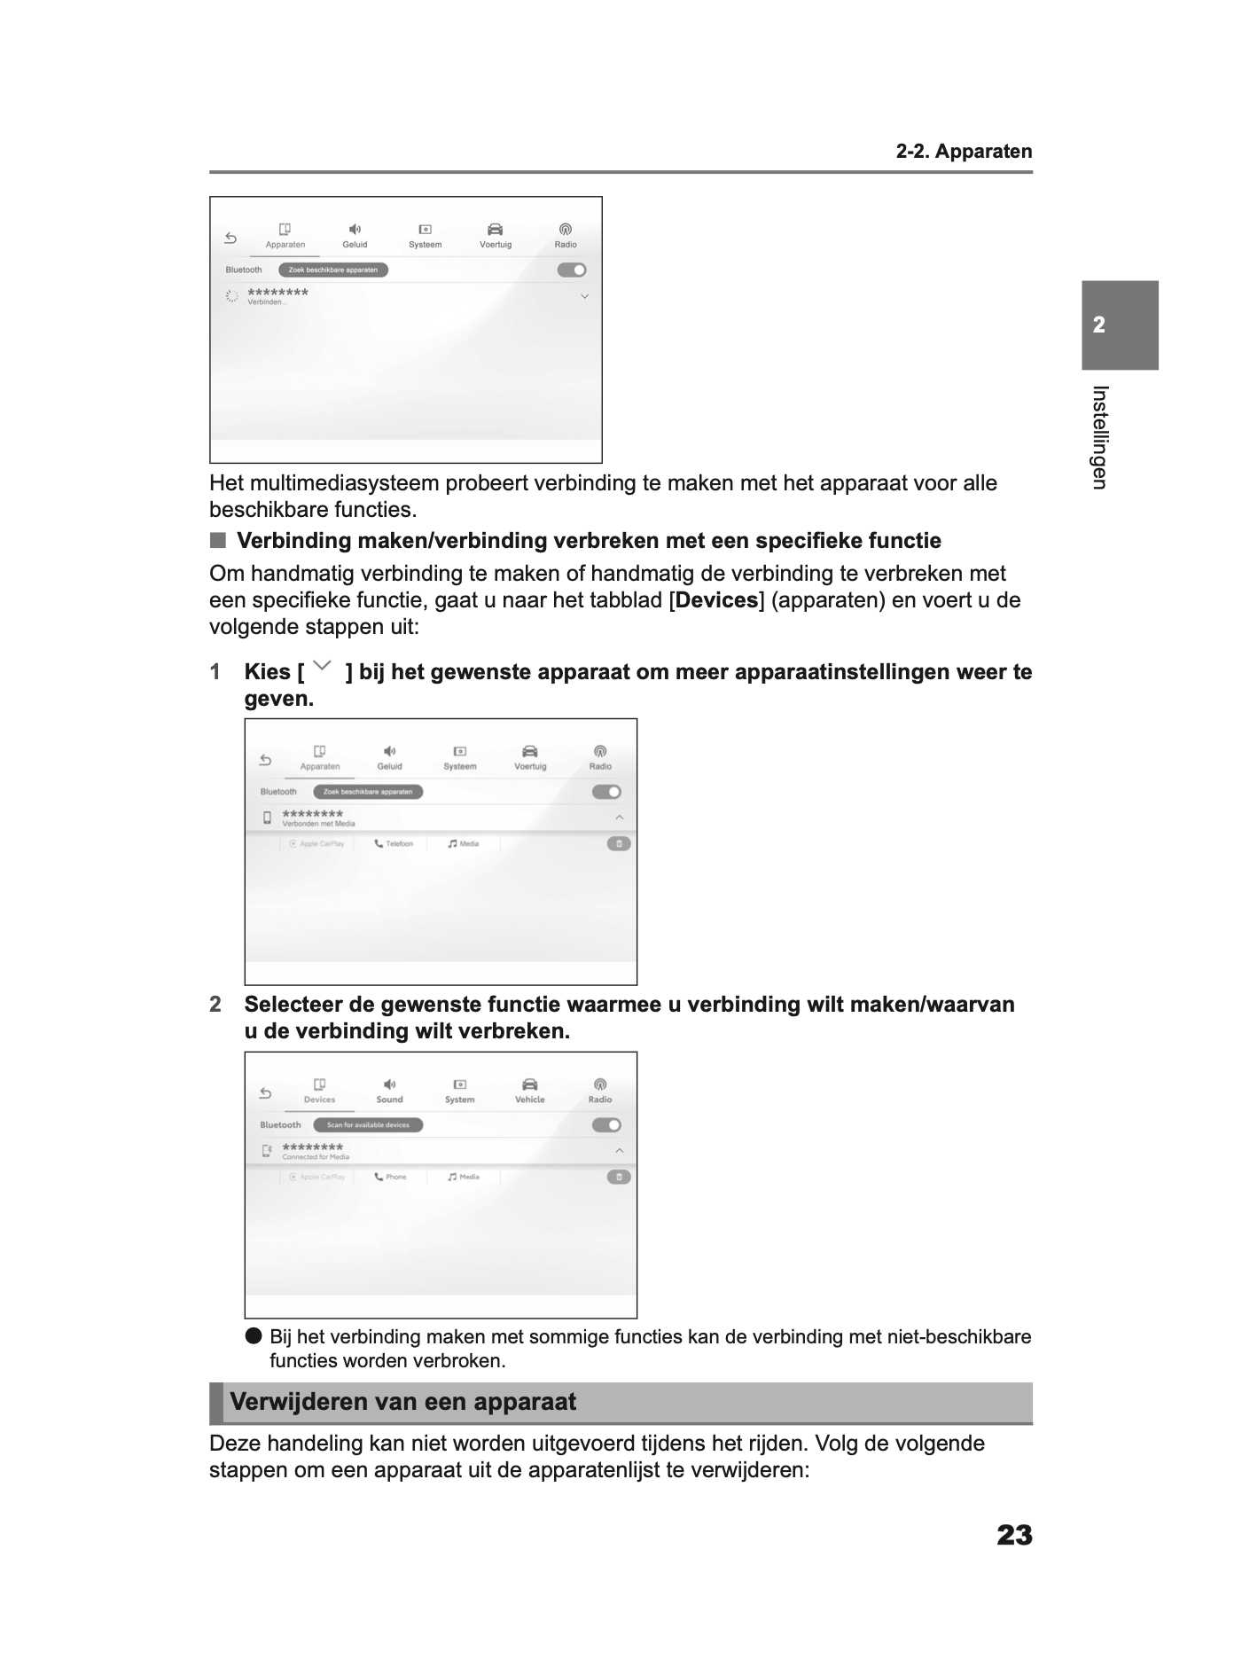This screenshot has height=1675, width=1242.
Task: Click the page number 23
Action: click(1013, 1535)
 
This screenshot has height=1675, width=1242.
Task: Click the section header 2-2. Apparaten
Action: click(964, 152)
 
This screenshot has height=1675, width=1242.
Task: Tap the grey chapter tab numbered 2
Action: click(1119, 325)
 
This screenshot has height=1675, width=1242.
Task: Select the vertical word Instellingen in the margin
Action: click(1099, 437)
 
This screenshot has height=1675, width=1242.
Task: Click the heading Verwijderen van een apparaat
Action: click(402, 1402)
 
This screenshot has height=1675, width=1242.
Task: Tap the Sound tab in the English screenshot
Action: click(389, 1091)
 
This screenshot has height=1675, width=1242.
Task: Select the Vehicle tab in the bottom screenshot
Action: click(529, 1091)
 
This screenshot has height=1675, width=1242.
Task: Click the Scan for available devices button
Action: click(368, 1125)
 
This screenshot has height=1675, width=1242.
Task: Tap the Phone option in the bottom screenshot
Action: click(390, 1177)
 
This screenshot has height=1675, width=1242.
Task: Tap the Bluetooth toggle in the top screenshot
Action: click(572, 270)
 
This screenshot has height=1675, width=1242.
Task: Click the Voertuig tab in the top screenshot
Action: click(496, 236)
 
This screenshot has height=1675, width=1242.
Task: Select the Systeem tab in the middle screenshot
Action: click(459, 757)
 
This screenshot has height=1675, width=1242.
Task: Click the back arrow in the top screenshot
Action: click(230, 238)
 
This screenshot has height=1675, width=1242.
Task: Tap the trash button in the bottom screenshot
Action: click(619, 1177)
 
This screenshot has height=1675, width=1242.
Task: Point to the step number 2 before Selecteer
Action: click(215, 1005)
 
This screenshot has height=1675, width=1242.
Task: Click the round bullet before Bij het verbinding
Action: click(254, 1336)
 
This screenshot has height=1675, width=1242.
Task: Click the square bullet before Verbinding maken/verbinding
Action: click(218, 541)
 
